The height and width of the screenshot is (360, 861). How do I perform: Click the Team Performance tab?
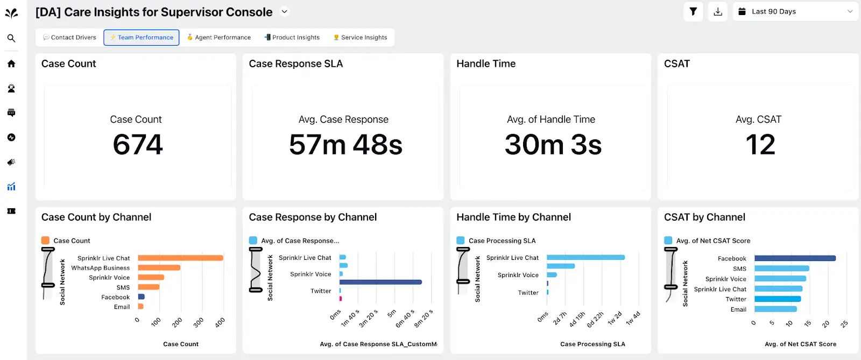point(142,38)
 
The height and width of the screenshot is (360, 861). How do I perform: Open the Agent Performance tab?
point(219,38)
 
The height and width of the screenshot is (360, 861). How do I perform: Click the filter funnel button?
point(693,11)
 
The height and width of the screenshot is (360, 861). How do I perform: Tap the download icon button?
point(718,11)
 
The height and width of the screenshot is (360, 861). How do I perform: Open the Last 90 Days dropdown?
point(795,11)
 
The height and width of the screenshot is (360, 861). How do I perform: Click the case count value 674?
point(138,145)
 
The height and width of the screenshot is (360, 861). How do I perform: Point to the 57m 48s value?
point(345,145)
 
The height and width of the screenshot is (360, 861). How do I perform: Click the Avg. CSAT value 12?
point(760,145)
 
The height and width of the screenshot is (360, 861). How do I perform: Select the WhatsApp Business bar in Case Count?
point(159,267)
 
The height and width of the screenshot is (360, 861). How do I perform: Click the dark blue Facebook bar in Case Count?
point(141,297)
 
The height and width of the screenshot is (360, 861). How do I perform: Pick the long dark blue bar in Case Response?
point(380,282)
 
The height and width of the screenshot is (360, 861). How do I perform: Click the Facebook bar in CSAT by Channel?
point(794,258)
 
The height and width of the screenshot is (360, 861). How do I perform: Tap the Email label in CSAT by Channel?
point(738,309)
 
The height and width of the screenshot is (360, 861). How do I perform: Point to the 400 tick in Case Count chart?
point(220,323)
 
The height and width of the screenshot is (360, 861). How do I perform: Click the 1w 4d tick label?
point(633,319)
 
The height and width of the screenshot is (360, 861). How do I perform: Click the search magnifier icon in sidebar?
point(11,38)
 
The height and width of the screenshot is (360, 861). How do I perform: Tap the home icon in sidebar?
point(11,63)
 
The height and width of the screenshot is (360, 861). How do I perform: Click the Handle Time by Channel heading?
point(513,217)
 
